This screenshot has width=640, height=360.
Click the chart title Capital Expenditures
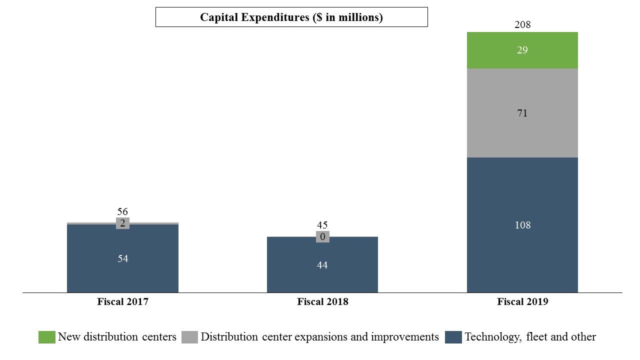pyautogui.click(x=291, y=17)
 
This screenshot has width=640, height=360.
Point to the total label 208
pyautogui.click(x=522, y=24)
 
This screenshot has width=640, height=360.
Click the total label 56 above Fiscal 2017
pyautogui.click(x=122, y=212)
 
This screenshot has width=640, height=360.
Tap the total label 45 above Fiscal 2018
pyautogui.click(x=322, y=225)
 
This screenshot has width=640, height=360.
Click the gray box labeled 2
pyautogui.click(x=122, y=223)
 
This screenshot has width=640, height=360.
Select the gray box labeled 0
pyautogui.click(x=322, y=237)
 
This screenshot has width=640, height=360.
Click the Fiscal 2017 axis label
pyautogui.click(x=122, y=302)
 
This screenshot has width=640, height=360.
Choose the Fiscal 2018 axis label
pyautogui.click(x=322, y=302)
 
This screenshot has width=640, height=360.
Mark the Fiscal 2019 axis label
pyautogui.click(x=522, y=302)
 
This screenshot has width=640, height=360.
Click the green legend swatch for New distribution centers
pyautogui.click(x=46, y=337)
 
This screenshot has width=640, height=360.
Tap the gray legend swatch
pyautogui.click(x=189, y=337)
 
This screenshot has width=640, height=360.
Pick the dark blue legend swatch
pyautogui.click(x=453, y=337)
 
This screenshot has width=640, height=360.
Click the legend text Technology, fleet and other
pyautogui.click(x=530, y=337)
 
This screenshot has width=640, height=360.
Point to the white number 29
pyautogui.click(x=522, y=50)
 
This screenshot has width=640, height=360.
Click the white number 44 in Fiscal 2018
pyautogui.click(x=322, y=265)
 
